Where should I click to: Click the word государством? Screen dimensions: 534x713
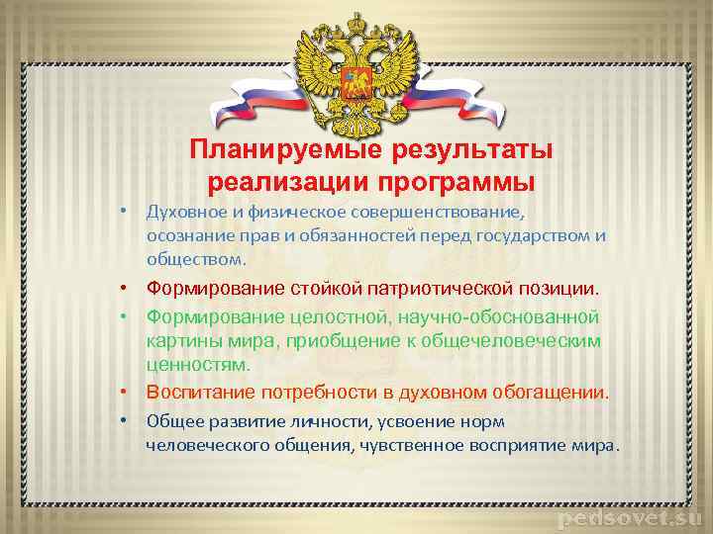pyautogui.click(x=540, y=235)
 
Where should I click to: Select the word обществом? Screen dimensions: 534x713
pyautogui.click(x=192, y=259)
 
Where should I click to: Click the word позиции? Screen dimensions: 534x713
pyautogui.click(x=561, y=289)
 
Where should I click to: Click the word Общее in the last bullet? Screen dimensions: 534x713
pyautogui.click(x=170, y=420)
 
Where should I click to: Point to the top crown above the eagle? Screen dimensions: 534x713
pyautogui.click(x=353, y=17)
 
